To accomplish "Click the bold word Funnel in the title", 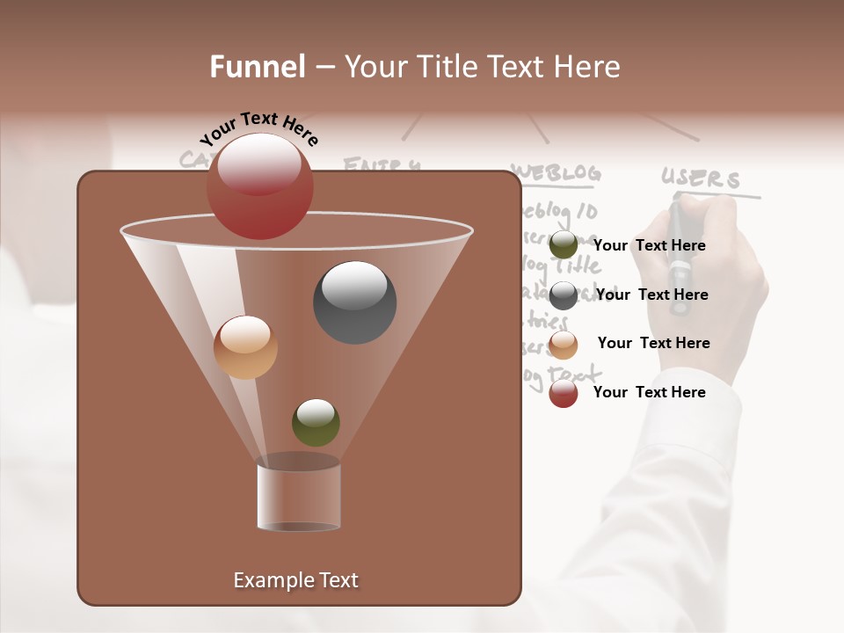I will [x=257, y=67].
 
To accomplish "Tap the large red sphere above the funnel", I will [x=260, y=186].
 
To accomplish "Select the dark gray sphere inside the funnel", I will [x=355, y=302].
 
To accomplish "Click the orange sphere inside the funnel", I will [x=245, y=347].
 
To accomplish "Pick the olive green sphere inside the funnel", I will [x=316, y=423].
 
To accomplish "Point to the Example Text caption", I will [x=295, y=580].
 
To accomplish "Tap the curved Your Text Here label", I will [x=258, y=128].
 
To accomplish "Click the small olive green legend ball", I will [x=564, y=245].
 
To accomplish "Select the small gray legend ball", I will [x=564, y=295].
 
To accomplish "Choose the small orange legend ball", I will [x=564, y=345].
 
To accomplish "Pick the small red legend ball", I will [x=564, y=393].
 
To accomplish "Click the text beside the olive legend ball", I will [x=650, y=246].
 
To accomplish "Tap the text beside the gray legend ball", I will [x=651, y=295].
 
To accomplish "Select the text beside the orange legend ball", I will [x=653, y=344].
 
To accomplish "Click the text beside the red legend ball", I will [x=650, y=392].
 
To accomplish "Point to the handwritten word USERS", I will [x=701, y=179].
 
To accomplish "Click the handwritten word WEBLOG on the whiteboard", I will [x=557, y=173].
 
